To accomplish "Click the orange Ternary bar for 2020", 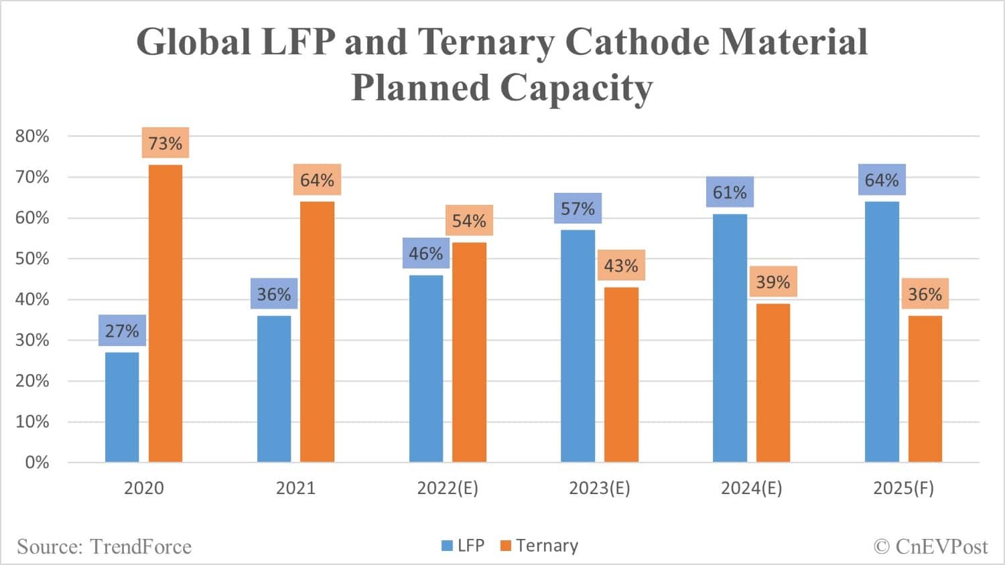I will (x=165, y=313).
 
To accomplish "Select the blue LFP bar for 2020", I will (x=122, y=407).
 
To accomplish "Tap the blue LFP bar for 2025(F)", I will (x=882, y=332).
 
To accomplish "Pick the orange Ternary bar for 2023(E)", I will (x=621, y=375).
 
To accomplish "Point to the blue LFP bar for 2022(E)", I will (x=426, y=368).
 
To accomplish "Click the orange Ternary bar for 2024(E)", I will (x=773, y=383).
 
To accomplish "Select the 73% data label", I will (x=165, y=143).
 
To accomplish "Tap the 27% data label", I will (x=122, y=331).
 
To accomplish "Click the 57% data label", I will (x=578, y=209).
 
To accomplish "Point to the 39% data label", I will (x=773, y=282).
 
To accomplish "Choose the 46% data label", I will (x=426, y=254).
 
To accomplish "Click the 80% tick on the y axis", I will (x=32, y=137).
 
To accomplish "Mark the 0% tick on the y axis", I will (x=37, y=463).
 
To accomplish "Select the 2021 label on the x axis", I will (x=295, y=488).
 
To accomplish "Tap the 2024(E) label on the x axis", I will (x=751, y=488).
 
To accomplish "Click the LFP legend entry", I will (x=463, y=546).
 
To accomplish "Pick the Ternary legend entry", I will (x=539, y=546).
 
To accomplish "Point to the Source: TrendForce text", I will (x=104, y=547).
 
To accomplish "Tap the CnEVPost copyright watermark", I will (x=931, y=547).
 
